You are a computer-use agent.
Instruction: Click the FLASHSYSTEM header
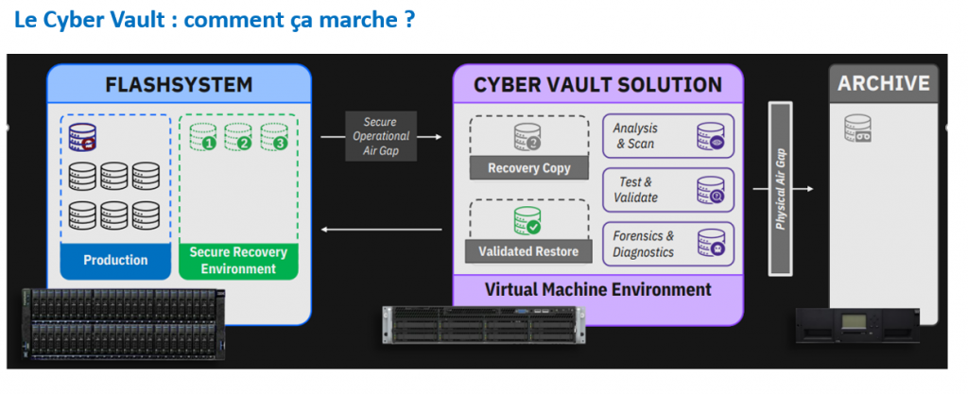(179, 85)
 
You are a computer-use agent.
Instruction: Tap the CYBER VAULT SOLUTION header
(597, 85)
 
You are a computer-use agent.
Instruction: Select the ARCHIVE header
(883, 83)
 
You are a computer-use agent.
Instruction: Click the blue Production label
(115, 260)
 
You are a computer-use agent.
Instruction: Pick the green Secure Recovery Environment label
(238, 261)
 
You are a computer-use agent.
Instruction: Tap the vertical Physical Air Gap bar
(781, 189)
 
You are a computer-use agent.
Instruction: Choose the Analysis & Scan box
(667, 136)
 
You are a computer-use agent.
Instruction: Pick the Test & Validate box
(667, 190)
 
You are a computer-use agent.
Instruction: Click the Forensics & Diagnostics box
(667, 244)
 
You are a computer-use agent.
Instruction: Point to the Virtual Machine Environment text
(597, 289)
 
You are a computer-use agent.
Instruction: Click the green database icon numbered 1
(203, 138)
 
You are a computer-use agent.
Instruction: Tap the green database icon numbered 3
(274, 138)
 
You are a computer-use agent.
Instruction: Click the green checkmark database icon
(527, 220)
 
